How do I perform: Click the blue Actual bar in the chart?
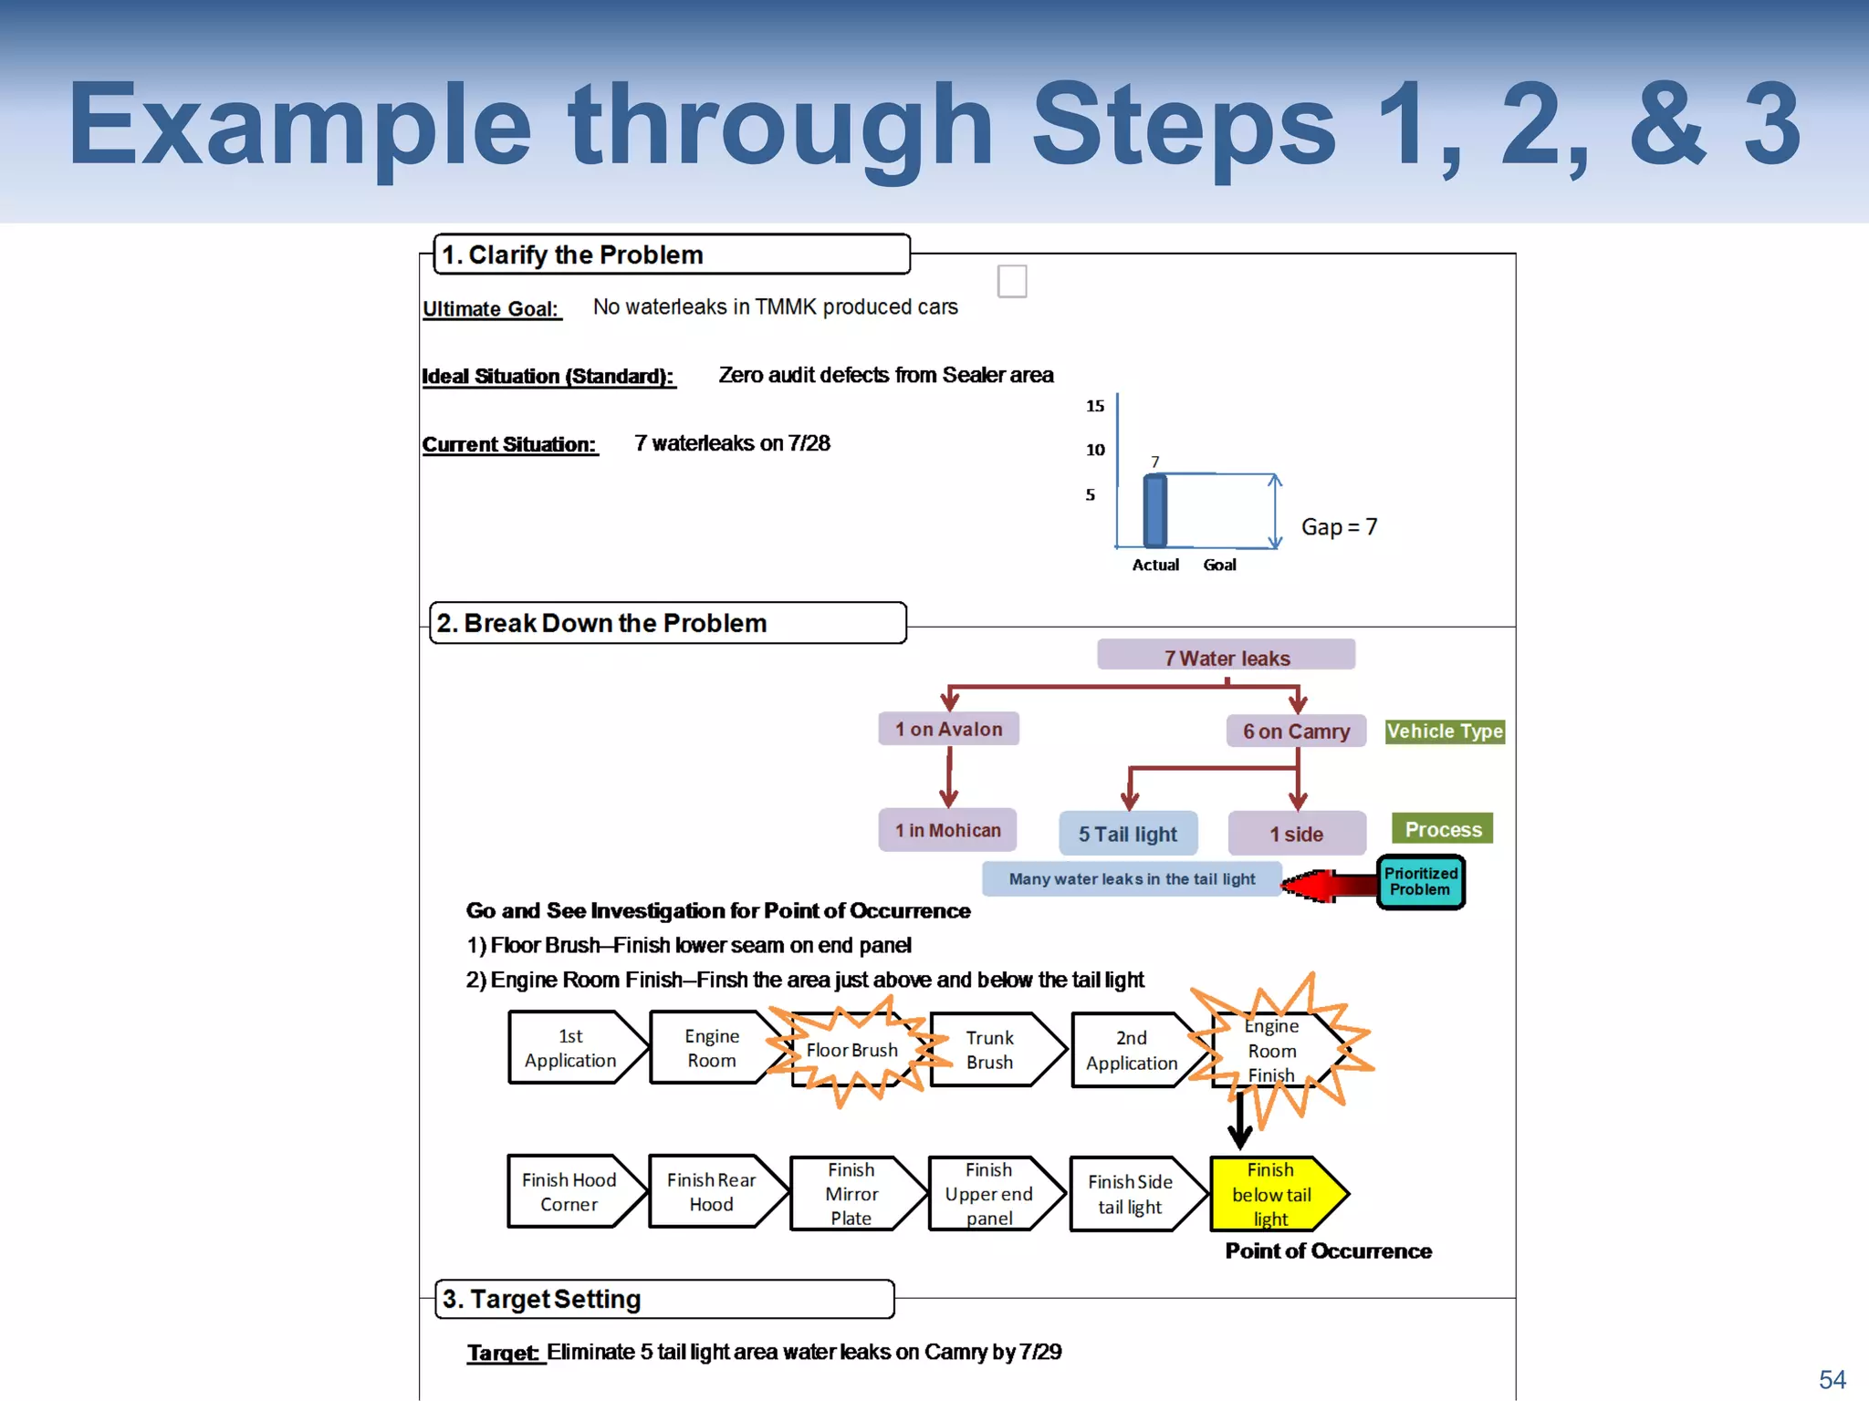coord(1155,511)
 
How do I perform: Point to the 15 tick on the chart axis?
coord(1095,406)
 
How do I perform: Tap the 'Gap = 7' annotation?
coord(1339,527)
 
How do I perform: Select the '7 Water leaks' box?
coord(1226,657)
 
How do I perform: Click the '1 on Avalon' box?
coord(948,729)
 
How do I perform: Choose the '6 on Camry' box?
coord(1296,732)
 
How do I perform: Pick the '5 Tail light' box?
coord(1128,834)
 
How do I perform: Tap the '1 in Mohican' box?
coord(947,830)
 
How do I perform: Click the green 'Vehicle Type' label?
coord(1444,732)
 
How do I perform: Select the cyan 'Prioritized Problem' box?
coord(1420,882)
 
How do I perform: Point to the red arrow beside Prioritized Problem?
coord(1329,884)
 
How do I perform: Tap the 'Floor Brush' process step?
coord(851,1050)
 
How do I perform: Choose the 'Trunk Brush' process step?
coord(990,1050)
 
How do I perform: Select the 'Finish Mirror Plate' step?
coord(851,1194)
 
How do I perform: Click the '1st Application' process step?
coord(570,1048)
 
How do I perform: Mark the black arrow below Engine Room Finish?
coord(1239,1122)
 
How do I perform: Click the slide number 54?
coord(1832,1379)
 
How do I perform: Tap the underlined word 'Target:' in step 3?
coord(504,1353)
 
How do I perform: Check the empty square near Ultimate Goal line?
coord(1012,281)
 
